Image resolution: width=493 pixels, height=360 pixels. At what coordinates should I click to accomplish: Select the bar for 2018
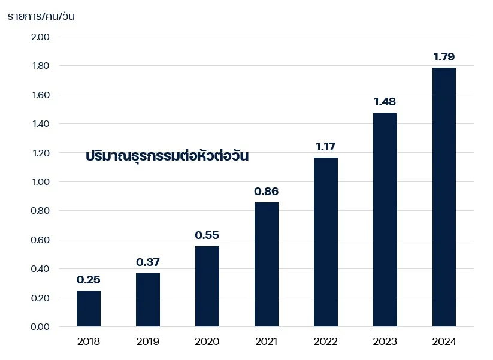(x=89, y=308)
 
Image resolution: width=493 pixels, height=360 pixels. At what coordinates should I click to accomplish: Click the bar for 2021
(x=266, y=264)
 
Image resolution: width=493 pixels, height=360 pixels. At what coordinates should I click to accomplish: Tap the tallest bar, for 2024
(x=444, y=197)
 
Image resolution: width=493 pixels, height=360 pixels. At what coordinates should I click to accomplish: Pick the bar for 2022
(x=325, y=242)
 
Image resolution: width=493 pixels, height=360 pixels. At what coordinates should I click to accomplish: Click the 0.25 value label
(x=89, y=280)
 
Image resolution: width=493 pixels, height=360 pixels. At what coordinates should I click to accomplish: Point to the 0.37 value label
(x=148, y=262)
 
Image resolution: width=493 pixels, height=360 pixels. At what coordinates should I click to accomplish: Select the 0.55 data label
(x=207, y=235)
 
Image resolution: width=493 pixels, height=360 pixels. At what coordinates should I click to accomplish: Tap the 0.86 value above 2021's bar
(x=266, y=192)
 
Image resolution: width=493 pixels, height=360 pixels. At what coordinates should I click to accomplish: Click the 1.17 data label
(x=325, y=146)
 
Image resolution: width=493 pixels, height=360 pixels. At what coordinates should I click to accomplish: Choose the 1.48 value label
(x=385, y=102)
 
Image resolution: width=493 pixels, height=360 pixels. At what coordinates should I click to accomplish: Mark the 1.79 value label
(x=444, y=58)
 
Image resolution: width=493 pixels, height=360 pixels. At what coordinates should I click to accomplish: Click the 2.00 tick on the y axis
(x=40, y=37)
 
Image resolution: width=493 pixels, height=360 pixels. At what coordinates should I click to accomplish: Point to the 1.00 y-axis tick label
(x=40, y=182)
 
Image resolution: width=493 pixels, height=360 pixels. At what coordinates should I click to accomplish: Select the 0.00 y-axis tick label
(x=40, y=327)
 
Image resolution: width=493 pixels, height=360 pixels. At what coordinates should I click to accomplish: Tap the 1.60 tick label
(x=40, y=95)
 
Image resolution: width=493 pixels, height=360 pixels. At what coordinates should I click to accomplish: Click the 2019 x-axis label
(x=148, y=342)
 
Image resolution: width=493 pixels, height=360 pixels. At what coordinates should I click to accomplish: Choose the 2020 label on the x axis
(x=207, y=342)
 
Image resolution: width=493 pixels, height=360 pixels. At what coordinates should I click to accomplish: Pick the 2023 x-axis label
(x=385, y=342)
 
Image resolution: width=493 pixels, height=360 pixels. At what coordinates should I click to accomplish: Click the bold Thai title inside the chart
(x=167, y=156)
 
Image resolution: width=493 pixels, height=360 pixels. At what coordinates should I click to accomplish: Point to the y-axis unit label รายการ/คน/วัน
(x=41, y=16)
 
